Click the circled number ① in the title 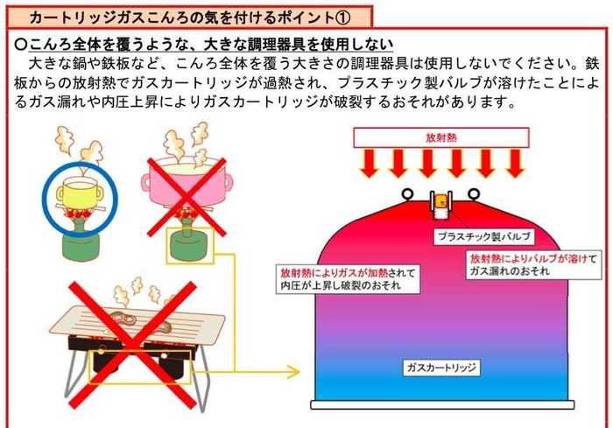point(342,18)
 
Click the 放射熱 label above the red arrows point(441,137)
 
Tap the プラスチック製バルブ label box point(484,236)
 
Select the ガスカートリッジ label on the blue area point(441,368)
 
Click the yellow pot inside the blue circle point(81,193)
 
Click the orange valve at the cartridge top point(441,200)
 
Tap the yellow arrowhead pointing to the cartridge point(294,371)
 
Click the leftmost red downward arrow point(369,164)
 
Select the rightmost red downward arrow point(515,164)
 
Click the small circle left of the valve point(407,193)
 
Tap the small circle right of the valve point(474,193)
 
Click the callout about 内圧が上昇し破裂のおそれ point(348,279)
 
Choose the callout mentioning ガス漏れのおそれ point(533,265)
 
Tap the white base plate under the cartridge point(442,405)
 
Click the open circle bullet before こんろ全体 point(20,45)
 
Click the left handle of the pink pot point(145,183)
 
